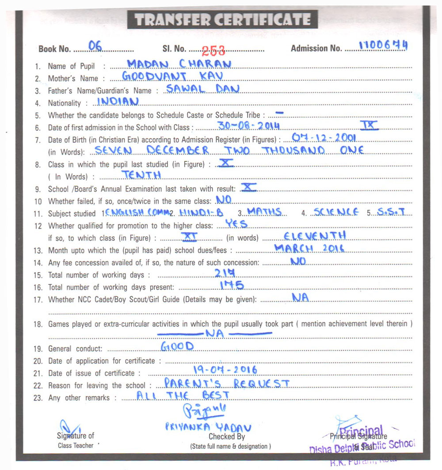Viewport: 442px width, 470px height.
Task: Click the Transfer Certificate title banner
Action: tap(222, 20)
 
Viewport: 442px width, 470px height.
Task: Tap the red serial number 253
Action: tap(213, 50)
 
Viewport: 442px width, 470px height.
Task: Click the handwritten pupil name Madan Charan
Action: tap(179, 64)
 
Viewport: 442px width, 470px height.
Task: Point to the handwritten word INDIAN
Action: tap(118, 101)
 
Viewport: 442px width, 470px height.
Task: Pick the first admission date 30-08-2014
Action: tap(249, 126)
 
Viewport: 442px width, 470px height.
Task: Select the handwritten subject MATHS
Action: tap(264, 212)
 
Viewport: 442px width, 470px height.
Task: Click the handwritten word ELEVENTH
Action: tap(315, 235)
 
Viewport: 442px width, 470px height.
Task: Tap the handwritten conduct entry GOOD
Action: tap(177, 346)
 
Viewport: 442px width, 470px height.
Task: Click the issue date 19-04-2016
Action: tap(225, 370)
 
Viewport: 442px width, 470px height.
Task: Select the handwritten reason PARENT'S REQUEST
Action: tap(226, 383)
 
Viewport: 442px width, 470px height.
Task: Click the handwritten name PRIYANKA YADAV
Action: tap(208, 427)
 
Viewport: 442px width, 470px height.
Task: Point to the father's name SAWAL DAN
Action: tap(202, 89)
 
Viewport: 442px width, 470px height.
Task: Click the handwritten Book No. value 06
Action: tap(95, 45)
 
